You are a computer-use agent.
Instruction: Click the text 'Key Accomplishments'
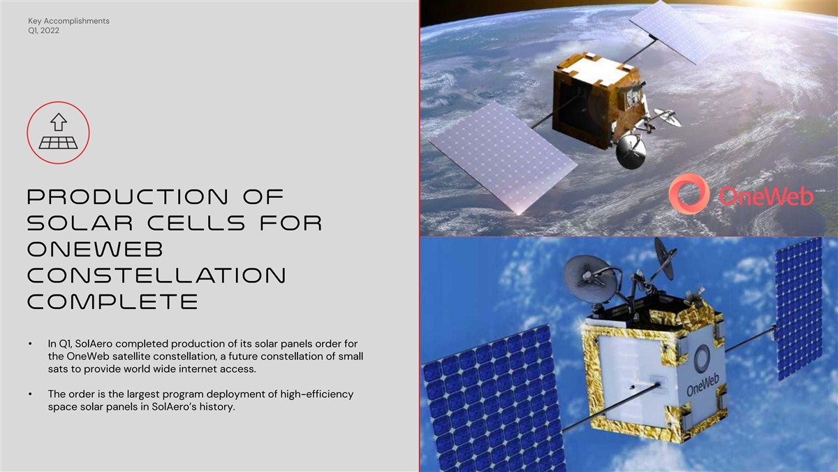69,21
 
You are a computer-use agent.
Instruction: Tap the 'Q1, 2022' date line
43,31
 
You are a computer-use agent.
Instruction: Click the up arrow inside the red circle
59,122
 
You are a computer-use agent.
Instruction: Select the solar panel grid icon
59,143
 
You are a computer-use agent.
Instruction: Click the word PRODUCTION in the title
128,196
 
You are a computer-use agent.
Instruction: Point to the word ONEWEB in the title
96,249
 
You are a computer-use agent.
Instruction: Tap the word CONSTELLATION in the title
156,276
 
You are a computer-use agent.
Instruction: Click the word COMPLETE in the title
112,301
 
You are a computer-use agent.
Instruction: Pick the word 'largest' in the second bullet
142,394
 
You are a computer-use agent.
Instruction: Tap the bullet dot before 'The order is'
30,394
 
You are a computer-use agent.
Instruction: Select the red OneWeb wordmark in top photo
766,196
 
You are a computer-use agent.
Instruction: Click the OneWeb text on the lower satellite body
703,385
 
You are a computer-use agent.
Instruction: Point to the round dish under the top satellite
631,151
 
